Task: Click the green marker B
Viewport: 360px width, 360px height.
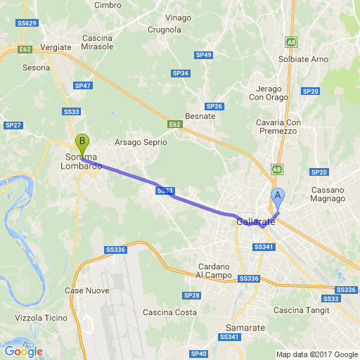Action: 82,145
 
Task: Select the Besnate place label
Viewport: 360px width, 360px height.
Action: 199,116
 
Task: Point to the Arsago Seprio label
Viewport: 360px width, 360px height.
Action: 141,142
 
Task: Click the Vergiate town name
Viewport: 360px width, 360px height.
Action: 56,47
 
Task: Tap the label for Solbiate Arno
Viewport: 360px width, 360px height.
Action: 304,59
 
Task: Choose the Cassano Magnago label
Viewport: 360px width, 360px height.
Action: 328,195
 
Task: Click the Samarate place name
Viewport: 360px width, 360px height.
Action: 245,328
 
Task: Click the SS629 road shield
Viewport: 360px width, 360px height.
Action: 26,23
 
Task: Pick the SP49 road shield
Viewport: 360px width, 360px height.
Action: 204,54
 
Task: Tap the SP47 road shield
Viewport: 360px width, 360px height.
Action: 83,85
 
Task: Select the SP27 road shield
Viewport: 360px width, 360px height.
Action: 13,125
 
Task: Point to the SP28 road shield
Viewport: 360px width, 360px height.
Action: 191,295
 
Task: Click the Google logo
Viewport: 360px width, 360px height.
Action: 23,351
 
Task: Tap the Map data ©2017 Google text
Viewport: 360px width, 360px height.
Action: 316,354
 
